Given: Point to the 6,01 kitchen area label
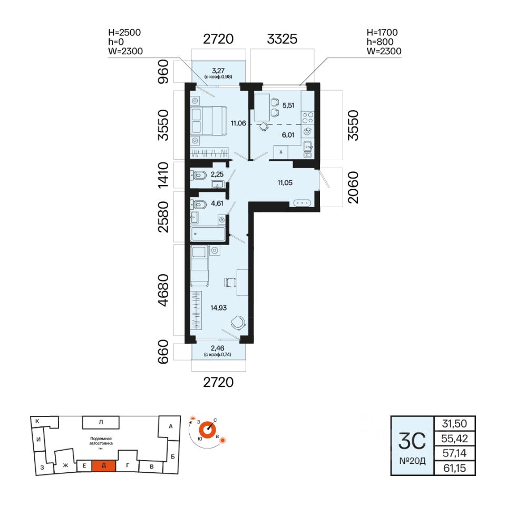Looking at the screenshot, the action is point(288,134).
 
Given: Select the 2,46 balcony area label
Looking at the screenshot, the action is point(218,348).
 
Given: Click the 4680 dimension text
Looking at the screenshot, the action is point(165,290).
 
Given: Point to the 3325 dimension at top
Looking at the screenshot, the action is point(283,38).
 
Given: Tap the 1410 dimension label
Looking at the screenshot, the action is point(165,175).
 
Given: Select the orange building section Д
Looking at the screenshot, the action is point(104,465).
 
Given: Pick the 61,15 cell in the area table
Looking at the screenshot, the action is point(454,468).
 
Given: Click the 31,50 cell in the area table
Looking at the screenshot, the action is point(454,423).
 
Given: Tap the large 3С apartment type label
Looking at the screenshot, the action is point(411,439).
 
